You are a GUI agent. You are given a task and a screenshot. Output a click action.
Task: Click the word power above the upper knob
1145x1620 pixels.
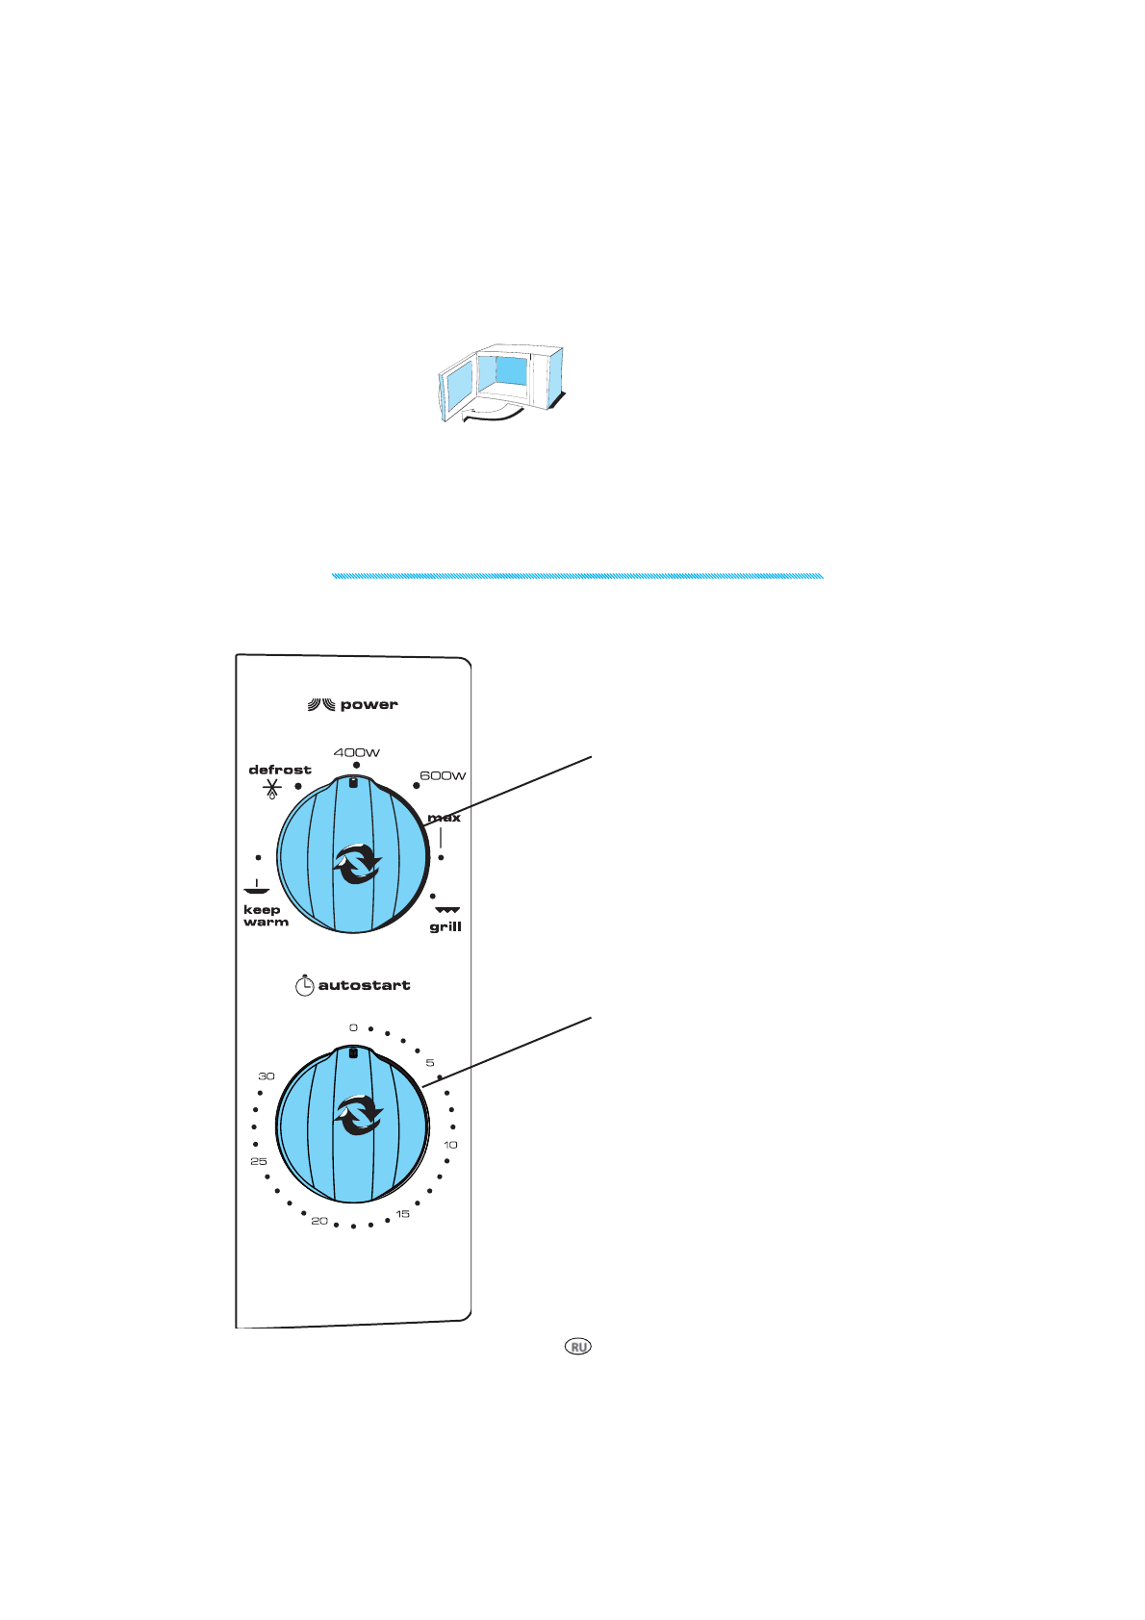369,705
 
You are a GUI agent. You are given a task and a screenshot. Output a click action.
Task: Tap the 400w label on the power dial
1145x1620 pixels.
357,752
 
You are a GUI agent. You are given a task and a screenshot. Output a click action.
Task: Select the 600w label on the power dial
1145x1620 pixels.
443,775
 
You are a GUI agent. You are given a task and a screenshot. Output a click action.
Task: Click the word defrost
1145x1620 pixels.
280,770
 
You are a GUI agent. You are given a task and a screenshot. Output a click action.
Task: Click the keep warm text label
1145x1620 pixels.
265,916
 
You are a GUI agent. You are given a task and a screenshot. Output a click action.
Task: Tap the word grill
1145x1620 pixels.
445,927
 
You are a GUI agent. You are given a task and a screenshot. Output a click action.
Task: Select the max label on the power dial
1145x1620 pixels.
445,818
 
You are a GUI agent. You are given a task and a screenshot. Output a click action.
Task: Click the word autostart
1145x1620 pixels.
364,985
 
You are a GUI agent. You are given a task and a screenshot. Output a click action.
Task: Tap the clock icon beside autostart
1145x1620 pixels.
304,985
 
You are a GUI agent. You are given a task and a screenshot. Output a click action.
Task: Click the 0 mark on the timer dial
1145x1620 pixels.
353,1028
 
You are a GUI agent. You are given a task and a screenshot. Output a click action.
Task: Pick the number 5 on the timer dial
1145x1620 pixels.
430,1063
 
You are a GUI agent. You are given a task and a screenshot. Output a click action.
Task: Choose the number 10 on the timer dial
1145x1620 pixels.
450,1145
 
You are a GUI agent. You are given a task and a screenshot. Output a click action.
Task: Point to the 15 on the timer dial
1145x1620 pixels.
403,1214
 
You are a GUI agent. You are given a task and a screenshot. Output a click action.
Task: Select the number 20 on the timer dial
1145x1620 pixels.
319,1221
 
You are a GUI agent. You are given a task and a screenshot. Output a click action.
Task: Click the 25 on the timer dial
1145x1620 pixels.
259,1162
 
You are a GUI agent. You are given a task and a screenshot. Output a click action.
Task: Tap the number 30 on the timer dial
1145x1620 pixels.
267,1076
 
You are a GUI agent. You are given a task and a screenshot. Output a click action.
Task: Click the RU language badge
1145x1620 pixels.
578,1347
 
